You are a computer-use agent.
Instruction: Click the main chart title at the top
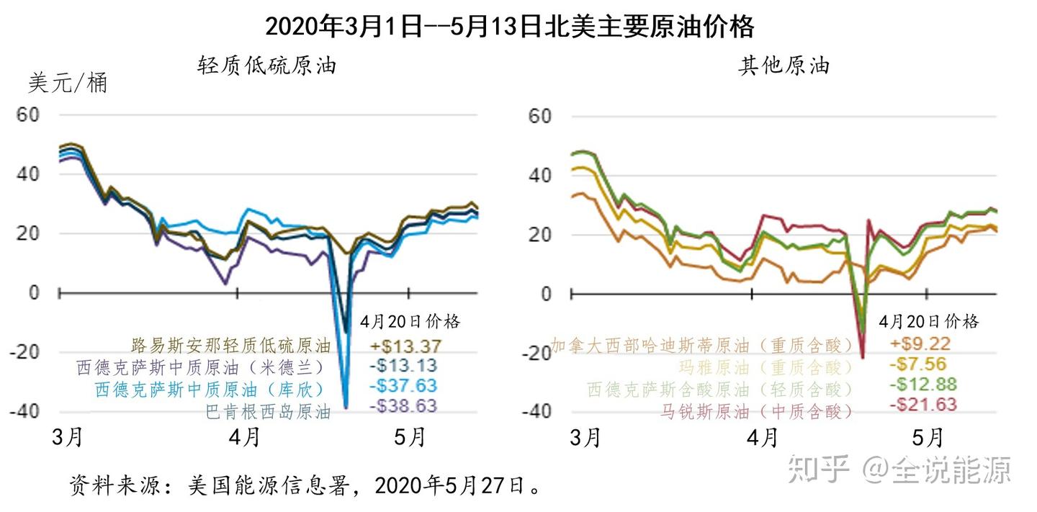pyautogui.click(x=509, y=27)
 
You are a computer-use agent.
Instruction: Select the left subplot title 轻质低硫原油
pyautogui.click(x=267, y=66)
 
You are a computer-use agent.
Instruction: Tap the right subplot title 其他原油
pyautogui.click(x=784, y=66)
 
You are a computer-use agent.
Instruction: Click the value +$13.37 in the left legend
pyautogui.click(x=406, y=346)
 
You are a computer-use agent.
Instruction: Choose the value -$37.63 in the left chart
pyautogui.click(x=403, y=386)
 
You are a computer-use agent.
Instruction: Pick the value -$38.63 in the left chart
pyautogui.click(x=403, y=406)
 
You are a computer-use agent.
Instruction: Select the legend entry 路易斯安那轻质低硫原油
pyautogui.click(x=230, y=345)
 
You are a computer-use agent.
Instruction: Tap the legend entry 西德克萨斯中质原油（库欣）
pyautogui.click(x=210, y=389)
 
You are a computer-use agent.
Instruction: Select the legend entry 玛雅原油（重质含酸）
pyautogui.click(x=766, y=367)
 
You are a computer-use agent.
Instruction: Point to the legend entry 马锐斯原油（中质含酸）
pyautogui.click(x=756, y=411)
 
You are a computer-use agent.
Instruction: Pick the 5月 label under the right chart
pyautogui.click(x=928, y=437)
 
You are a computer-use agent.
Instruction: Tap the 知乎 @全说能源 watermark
pyautogui.click(x=899, y=469)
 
